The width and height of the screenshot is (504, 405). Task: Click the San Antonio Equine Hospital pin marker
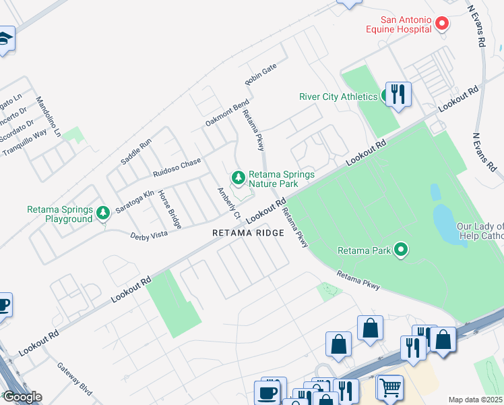pos(443,24)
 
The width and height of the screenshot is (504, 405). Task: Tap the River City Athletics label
pos(338,97)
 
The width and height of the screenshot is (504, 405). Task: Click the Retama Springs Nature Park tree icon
pos(238,178)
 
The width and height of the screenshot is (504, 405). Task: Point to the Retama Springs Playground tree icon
pos(102,213)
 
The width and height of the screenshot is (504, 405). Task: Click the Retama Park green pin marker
pos(402,251)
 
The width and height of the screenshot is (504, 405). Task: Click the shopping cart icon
pos(390,387)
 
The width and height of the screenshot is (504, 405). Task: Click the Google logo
pos(22,396)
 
